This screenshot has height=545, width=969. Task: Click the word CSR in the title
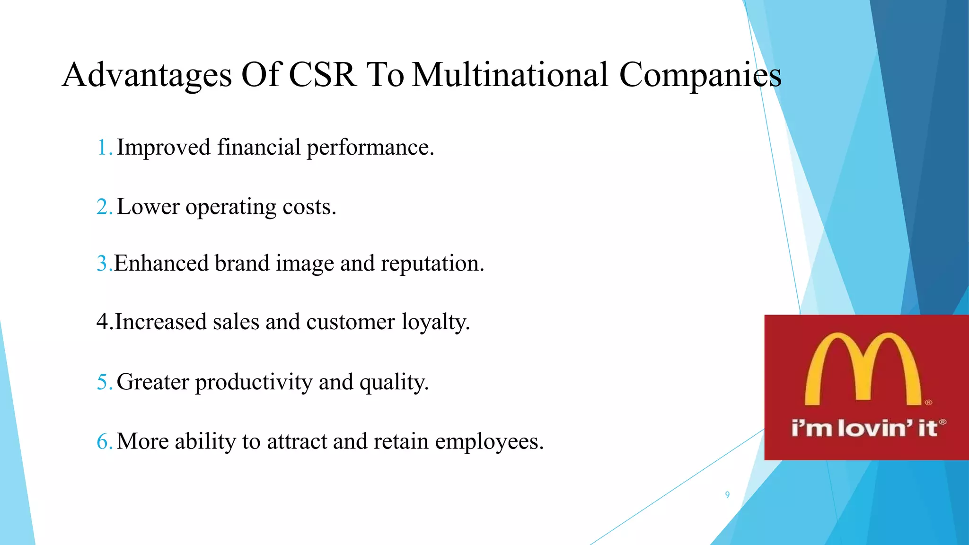(x=322, y=75)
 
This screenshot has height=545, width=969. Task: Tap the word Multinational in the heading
(x=510, y=75)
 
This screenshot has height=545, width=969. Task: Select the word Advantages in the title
(x=147, y=76)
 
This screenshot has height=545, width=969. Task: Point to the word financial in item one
(x=259, y=147)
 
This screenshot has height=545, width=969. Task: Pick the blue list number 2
(x=103, y=207)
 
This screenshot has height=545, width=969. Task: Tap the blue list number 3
(x=103, y=263)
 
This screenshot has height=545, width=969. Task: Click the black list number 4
(x=103, y=322)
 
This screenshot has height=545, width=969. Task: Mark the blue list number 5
(x=103, y=382)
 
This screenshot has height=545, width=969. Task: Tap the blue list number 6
(x=103, y=441)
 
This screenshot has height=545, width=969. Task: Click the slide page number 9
(x=727, y=495)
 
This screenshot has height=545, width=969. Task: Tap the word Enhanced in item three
(x=161, y=263)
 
